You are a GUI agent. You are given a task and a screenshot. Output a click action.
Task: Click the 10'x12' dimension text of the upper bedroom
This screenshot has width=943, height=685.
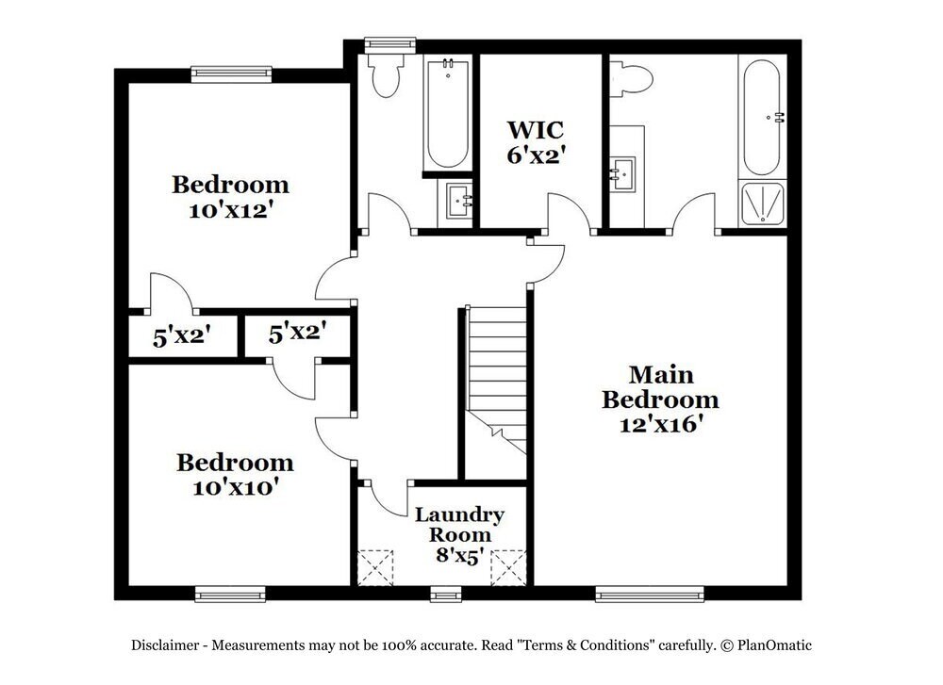tap(230, 211)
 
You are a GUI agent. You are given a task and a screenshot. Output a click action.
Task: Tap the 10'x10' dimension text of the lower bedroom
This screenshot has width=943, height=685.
tap(235, 488)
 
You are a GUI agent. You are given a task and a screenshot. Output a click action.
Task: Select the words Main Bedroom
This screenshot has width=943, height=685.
tap(660, 386)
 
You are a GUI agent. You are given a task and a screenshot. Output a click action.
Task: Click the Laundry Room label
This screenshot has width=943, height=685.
tap(459, 525)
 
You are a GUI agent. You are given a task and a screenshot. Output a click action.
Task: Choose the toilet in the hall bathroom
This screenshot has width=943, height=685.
tap(385, 75)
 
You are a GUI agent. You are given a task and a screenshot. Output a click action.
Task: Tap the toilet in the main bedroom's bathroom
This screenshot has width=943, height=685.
tap(629, 78)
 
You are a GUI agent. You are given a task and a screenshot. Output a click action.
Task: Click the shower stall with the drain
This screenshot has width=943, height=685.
tap(763, 203)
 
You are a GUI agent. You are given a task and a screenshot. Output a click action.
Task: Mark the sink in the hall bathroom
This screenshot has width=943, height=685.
tap(461, 200)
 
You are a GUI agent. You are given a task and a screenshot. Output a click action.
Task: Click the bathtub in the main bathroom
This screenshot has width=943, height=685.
tap(762, 116)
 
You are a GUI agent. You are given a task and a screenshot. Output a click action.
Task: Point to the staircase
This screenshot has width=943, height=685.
tap(497, 377)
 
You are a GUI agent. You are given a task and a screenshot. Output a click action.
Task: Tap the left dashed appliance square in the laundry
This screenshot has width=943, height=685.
tap(375, 568)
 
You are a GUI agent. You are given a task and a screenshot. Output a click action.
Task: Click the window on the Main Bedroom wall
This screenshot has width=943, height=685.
tap(649, 595)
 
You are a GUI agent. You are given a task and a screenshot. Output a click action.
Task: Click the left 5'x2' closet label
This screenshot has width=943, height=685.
tap(180, 335)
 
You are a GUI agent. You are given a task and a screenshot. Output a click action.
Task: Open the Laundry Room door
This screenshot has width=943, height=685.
tap(385, 499)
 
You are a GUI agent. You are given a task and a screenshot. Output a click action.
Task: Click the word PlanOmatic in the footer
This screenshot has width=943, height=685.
tap(775, 645)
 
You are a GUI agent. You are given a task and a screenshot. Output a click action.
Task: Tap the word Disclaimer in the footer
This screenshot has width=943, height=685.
tap(164, 645)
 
